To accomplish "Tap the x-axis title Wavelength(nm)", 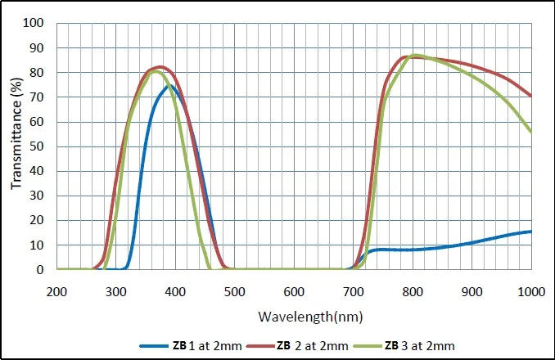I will coord(294,315).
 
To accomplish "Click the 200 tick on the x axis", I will coord(56,290).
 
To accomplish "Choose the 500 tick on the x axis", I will coord(235,290).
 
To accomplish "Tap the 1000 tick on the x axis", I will coord(531,290).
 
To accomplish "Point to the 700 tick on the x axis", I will coord(354,290).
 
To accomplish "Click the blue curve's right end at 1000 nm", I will coord(531,232).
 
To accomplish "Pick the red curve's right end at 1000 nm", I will coord(531,96).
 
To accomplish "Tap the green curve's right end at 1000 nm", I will coord(531,132).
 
